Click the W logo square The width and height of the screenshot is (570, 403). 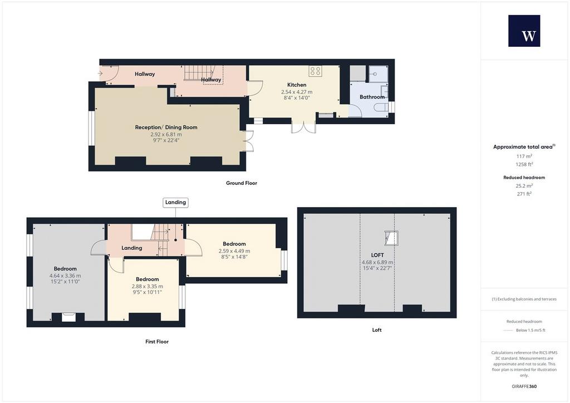(x=524, y=31)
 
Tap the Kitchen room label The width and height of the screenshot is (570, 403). (x=297, y=85)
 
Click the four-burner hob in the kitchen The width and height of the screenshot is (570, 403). (x=315, y=71)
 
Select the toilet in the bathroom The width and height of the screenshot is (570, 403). (x=380, y=108)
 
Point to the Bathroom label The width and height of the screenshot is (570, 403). (x=372, y=97)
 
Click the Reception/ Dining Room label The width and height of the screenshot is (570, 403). (x=166, y=127)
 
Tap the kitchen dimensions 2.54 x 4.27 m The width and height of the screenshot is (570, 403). (x=297, y=92)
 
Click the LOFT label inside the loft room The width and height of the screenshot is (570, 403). (x=377, y=255)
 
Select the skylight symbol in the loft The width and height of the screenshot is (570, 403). (x=391, y=238)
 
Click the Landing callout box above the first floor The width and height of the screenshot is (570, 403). (x=175, y=203)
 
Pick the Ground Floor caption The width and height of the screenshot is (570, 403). (x=242, y=183)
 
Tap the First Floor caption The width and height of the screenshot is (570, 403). (x=157, y=342)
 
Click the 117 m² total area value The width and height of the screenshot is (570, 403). (x=524, y=156)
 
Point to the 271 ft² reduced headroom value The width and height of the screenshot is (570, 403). (x=524, y=194)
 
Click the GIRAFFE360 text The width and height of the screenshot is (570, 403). (x=524, y=386)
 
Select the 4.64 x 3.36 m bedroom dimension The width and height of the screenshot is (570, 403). (x=65, y=276)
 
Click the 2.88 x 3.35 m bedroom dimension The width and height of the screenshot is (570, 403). (x=147, y=286)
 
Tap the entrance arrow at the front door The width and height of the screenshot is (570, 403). (x=100, y=73)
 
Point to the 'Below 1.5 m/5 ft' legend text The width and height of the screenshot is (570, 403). (x=530, y=330)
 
